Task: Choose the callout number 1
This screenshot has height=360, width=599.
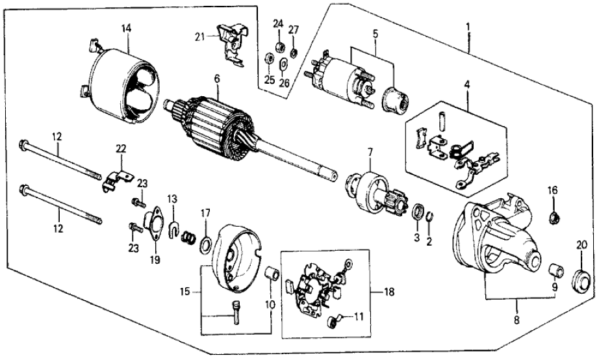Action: (x=467, y=28)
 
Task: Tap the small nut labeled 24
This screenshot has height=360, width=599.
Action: (x=279, y=47)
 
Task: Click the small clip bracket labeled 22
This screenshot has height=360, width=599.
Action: (x=116, y=180)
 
